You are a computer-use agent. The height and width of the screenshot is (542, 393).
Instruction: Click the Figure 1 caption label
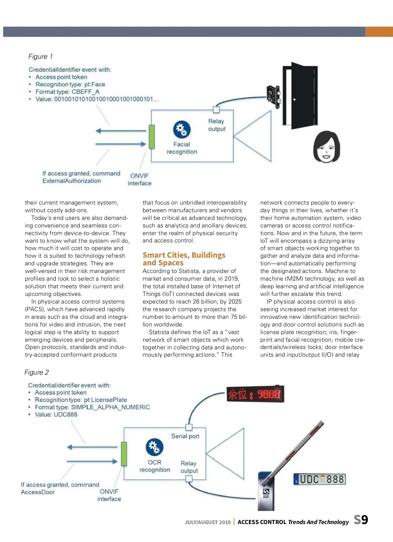(41, 56)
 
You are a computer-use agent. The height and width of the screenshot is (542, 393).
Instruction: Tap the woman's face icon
(326, 147)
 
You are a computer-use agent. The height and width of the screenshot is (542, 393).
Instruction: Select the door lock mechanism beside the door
(274, 96)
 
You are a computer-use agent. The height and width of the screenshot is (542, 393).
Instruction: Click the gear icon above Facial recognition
(182, 129)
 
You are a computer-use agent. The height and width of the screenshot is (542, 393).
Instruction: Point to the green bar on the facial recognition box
(152, 136)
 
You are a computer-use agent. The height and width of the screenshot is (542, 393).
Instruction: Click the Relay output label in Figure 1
(217, 125)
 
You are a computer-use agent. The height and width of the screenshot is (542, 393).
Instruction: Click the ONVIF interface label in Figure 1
(140, 179)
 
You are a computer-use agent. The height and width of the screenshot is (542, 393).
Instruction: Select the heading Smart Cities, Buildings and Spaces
(184, 259)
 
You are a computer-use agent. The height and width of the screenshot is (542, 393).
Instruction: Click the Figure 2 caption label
(37, 372)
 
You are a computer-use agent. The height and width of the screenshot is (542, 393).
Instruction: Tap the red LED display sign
(255, 394)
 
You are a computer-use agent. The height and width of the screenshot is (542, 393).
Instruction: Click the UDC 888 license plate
(320, 479)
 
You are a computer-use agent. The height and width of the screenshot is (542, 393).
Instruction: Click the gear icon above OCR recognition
(155, 447)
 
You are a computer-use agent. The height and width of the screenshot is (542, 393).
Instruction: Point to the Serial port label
(185, 436)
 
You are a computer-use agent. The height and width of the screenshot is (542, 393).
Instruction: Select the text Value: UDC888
(56, 414)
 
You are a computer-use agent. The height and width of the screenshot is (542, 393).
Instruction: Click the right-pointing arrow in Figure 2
(92, 461)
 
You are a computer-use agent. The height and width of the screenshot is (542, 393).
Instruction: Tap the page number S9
(361, 520)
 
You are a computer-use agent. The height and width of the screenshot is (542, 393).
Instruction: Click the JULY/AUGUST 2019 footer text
(207, 522)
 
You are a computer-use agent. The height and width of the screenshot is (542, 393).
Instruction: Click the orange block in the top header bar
(379, 32)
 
